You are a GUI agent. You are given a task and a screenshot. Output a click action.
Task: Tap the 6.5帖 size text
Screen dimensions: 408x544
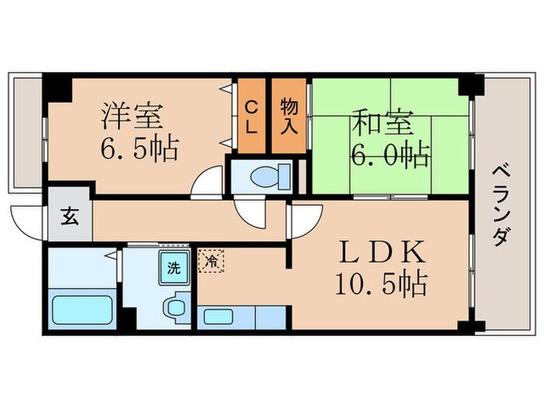(x=140, y=147)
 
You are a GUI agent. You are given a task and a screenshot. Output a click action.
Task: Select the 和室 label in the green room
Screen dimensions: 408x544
(x=382, y=124)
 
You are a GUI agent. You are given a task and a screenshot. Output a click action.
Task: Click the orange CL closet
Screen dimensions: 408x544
(x=252, y=117)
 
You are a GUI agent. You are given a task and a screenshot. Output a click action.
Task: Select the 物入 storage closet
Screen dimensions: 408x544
(x=289, y=117)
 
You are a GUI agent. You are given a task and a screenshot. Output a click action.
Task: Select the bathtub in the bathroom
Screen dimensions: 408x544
(x=82, y=311)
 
